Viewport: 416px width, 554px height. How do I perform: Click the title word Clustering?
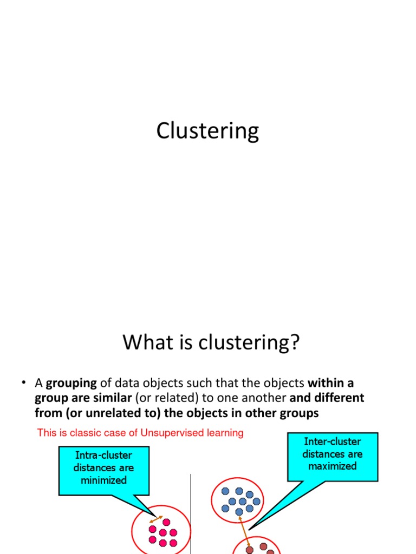tap(207, 131)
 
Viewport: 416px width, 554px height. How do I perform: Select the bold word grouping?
tap(71, 384)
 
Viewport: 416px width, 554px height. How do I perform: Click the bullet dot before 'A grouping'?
tap(24, 383)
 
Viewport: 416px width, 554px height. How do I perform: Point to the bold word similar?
tap(113, 398)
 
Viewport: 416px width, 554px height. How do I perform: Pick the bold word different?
tap(339, 398)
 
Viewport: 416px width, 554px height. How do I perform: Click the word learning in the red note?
tap(226, 433)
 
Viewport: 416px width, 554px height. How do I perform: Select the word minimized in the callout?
tap(103, 480)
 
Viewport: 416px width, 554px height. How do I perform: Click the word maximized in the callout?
tap(332, 466)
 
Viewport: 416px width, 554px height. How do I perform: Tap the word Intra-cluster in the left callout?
tap(103, 455)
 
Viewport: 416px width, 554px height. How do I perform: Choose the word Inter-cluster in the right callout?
tap(332, 441)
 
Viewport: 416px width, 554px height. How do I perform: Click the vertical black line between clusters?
tap(191, 514)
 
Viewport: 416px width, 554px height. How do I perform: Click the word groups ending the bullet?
tap(300, 413)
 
